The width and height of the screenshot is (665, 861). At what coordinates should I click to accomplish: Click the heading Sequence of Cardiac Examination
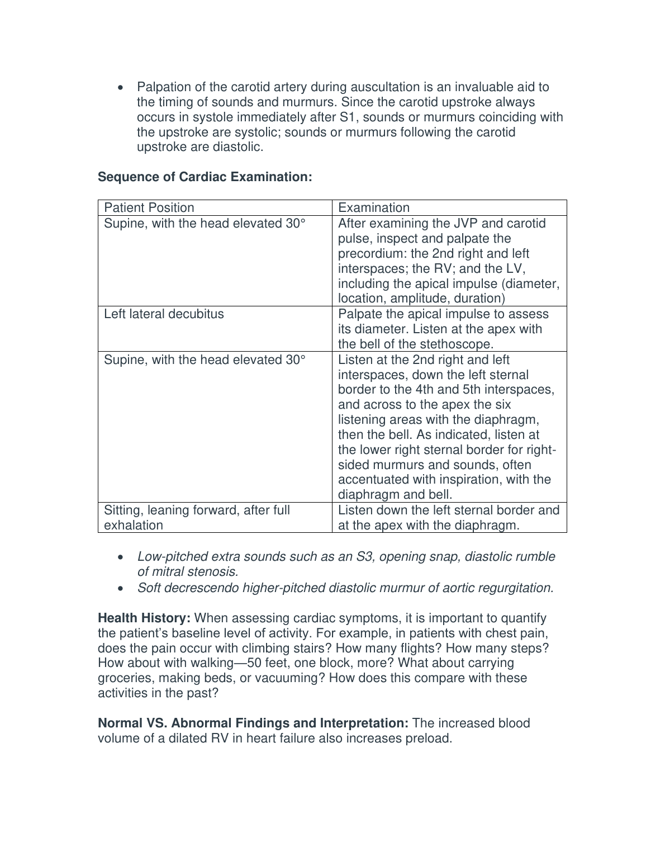205,177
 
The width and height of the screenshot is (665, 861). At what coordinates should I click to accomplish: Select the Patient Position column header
149,207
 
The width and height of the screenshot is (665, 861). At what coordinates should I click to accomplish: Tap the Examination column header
374,207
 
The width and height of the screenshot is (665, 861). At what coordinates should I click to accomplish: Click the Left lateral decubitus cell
164,314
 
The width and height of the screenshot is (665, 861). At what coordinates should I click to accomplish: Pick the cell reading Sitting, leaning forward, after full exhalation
197,517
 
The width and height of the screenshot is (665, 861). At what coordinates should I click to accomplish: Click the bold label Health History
144,618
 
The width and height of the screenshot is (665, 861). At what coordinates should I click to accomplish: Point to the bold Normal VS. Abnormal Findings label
253,723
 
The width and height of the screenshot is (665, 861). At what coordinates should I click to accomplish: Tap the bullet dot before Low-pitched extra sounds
121,557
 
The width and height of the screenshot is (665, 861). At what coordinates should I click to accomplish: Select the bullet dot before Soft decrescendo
121,588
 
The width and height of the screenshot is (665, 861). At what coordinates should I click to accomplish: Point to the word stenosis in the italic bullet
215,571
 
